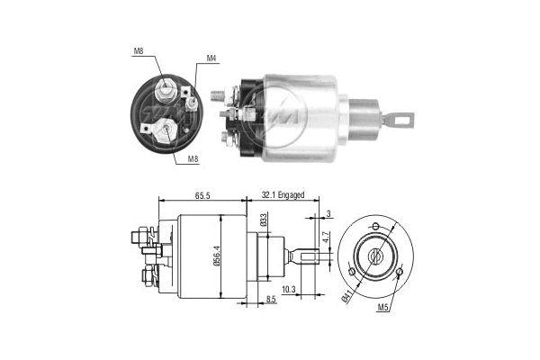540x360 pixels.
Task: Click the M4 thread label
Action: pyautogui.click(x=211, y=59)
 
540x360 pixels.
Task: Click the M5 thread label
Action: pyautogui.click(x=384, y=309)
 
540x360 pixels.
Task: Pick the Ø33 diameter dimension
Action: pyautogui.click(x=264, y=219)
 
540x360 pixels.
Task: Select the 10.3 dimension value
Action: pyautogui.click(x=287, y=289)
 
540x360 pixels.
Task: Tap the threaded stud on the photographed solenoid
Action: pyautogui.click(x=217, y=94)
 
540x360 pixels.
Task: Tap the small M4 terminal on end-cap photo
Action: pyautogui.click(x=193, y=102)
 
